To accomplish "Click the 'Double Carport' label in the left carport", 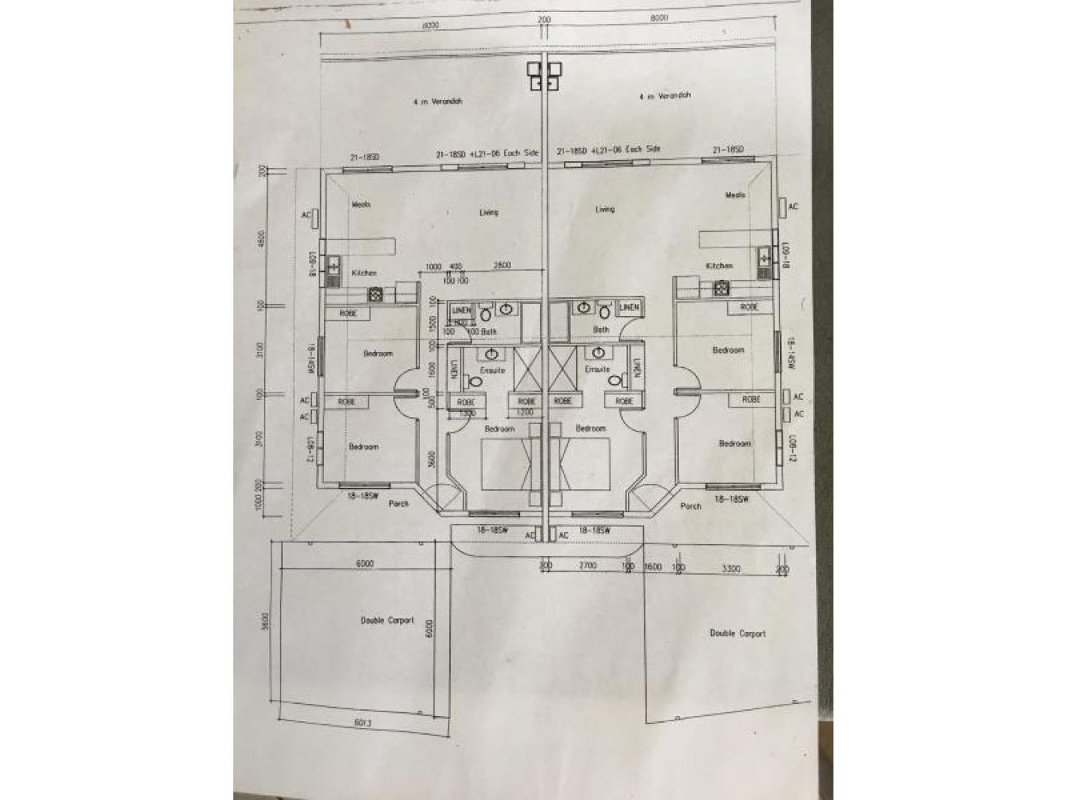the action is pyautogui.click(x=387, y=620).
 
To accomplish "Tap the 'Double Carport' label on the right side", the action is pyautogui.click(x=737, y=633).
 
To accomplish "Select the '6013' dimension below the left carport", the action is pyautogui.click(x=363, y=723).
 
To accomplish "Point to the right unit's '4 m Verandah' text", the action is pyautogui.click(x=665, y=96).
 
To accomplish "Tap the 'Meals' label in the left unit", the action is pyautogui.click(x=361, y=204).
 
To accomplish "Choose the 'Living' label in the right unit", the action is pyautogui.click(x=605, y=209).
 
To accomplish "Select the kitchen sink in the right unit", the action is pyautogui.click(x=764, y=258).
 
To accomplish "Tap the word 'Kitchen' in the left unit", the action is pyautogui.click(x=364, y=273).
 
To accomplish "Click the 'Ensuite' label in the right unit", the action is pyautogui.click(x=597, y=369).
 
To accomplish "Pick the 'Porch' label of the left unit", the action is pyautogui.click(x=399, y=504).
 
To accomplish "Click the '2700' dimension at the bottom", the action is pyautogui.click(x=587, y=565).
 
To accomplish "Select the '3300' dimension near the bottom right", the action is pyautogui.click(x=731, y=569).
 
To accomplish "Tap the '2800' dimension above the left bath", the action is pyautogui.click(x=502, y=266).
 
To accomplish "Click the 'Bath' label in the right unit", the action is pyautogui.click(x=601, y=329).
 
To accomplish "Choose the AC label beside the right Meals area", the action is pyautogui.click(x=793, y=206).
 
